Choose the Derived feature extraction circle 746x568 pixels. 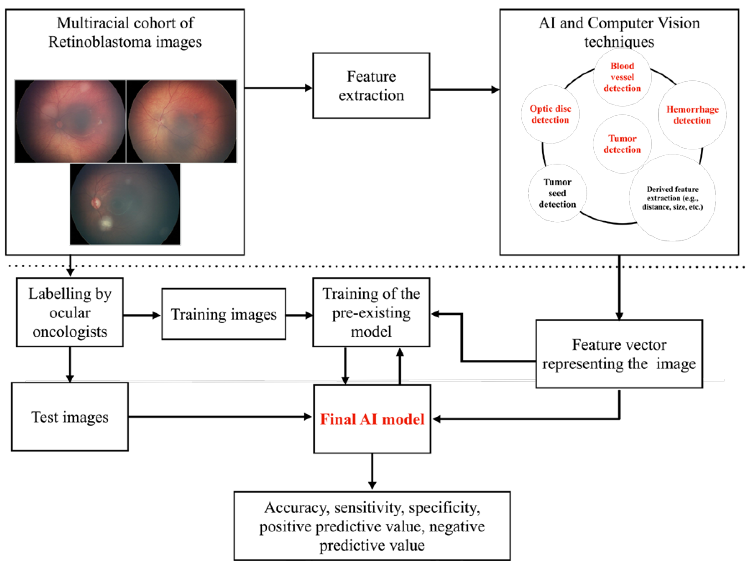672,198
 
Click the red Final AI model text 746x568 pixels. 372,419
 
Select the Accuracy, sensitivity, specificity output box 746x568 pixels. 372,526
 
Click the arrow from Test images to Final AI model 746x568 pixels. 220,416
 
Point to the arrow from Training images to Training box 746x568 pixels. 299,315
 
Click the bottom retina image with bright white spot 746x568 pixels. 125,204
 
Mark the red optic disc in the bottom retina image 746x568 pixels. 96,203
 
